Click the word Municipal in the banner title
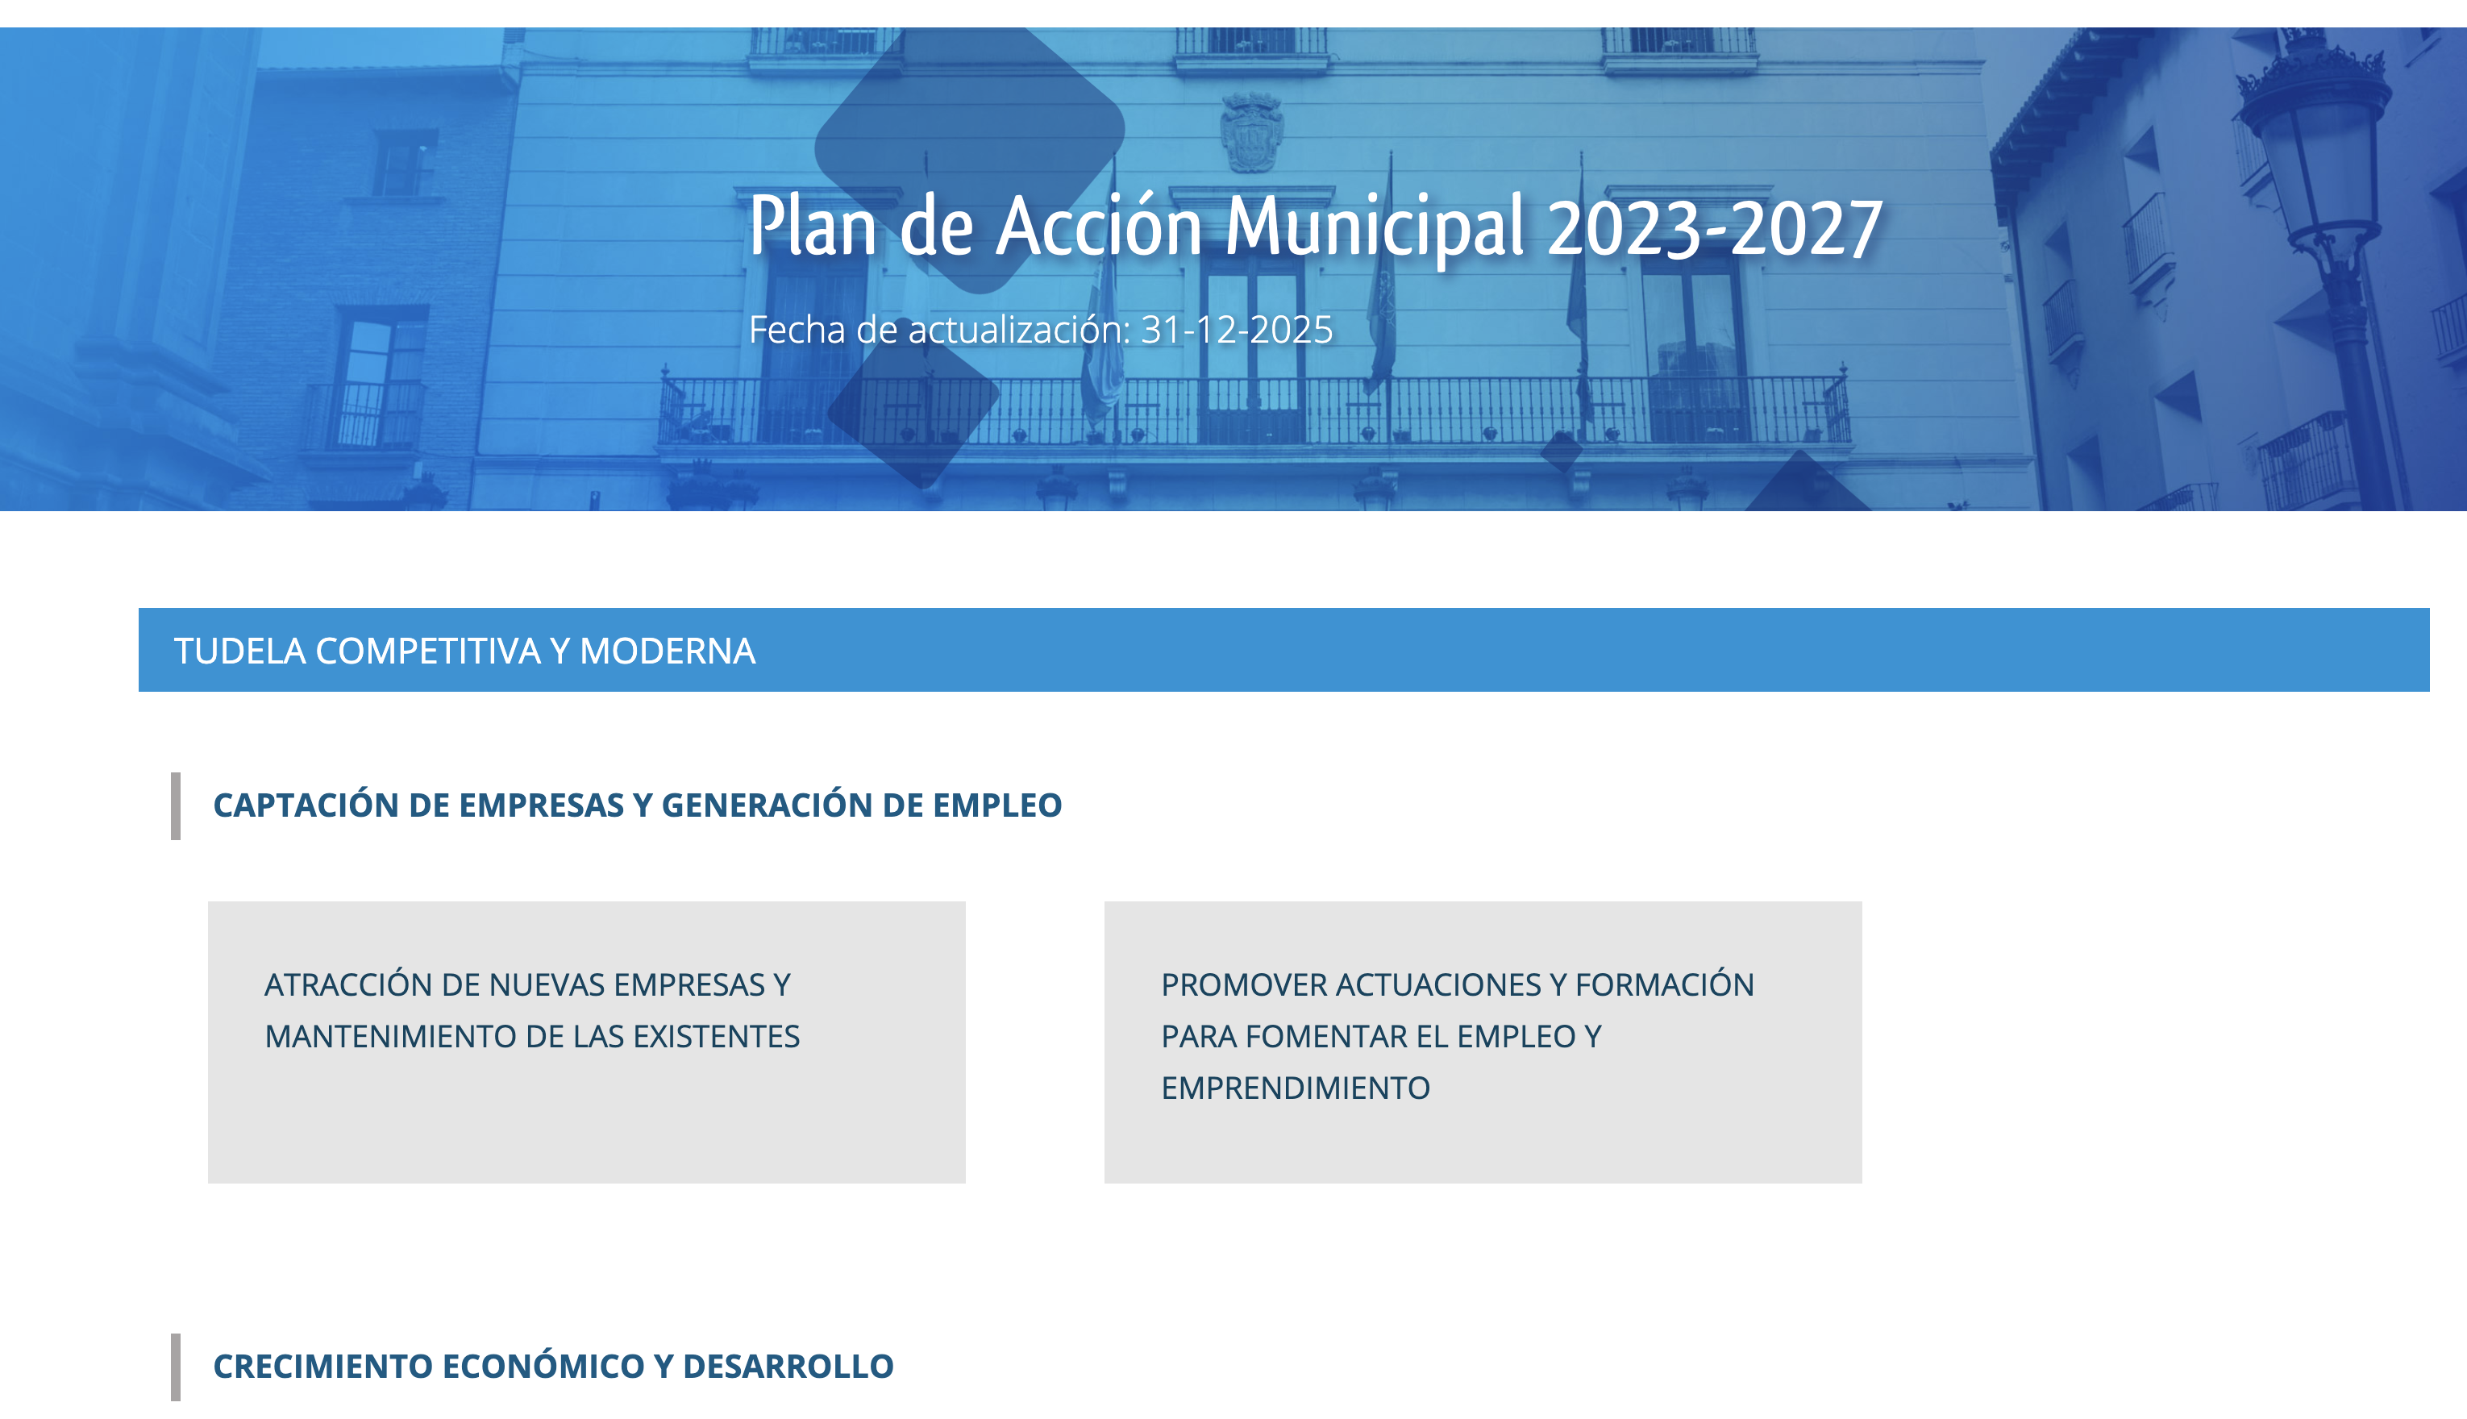coord(1375,228)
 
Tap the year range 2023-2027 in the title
coord(1715,228)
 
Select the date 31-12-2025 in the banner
coord(1237,330)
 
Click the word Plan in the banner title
coord(813,225)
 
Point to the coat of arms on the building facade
coord(1251,131)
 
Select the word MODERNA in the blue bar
coord(668,651)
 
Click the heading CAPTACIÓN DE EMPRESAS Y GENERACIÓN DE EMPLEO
coord(637,805)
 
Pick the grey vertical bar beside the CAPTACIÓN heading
coord(176,806)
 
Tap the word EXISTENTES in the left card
coord(716,1036)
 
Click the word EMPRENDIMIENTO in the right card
coord(1296,1088)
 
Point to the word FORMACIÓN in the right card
coord(1664,984)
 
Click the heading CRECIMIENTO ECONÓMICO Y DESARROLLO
coord(553,1367)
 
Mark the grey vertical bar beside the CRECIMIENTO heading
coord(176,1367)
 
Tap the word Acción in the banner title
coord(1100,225)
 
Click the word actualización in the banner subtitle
coord(1019,330)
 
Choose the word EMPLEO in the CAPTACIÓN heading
coord(998,805)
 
